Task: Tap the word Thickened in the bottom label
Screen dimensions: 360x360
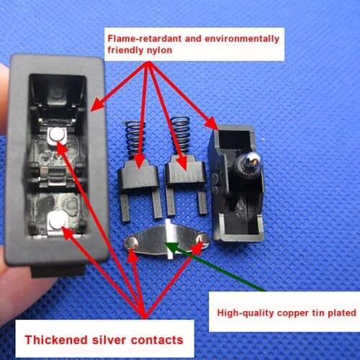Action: coord(55,339)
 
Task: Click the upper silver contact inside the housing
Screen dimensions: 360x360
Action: coord(57,134)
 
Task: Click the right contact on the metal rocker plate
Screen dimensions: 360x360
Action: coord(204,238)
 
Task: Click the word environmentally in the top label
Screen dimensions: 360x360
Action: coord(230,37)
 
